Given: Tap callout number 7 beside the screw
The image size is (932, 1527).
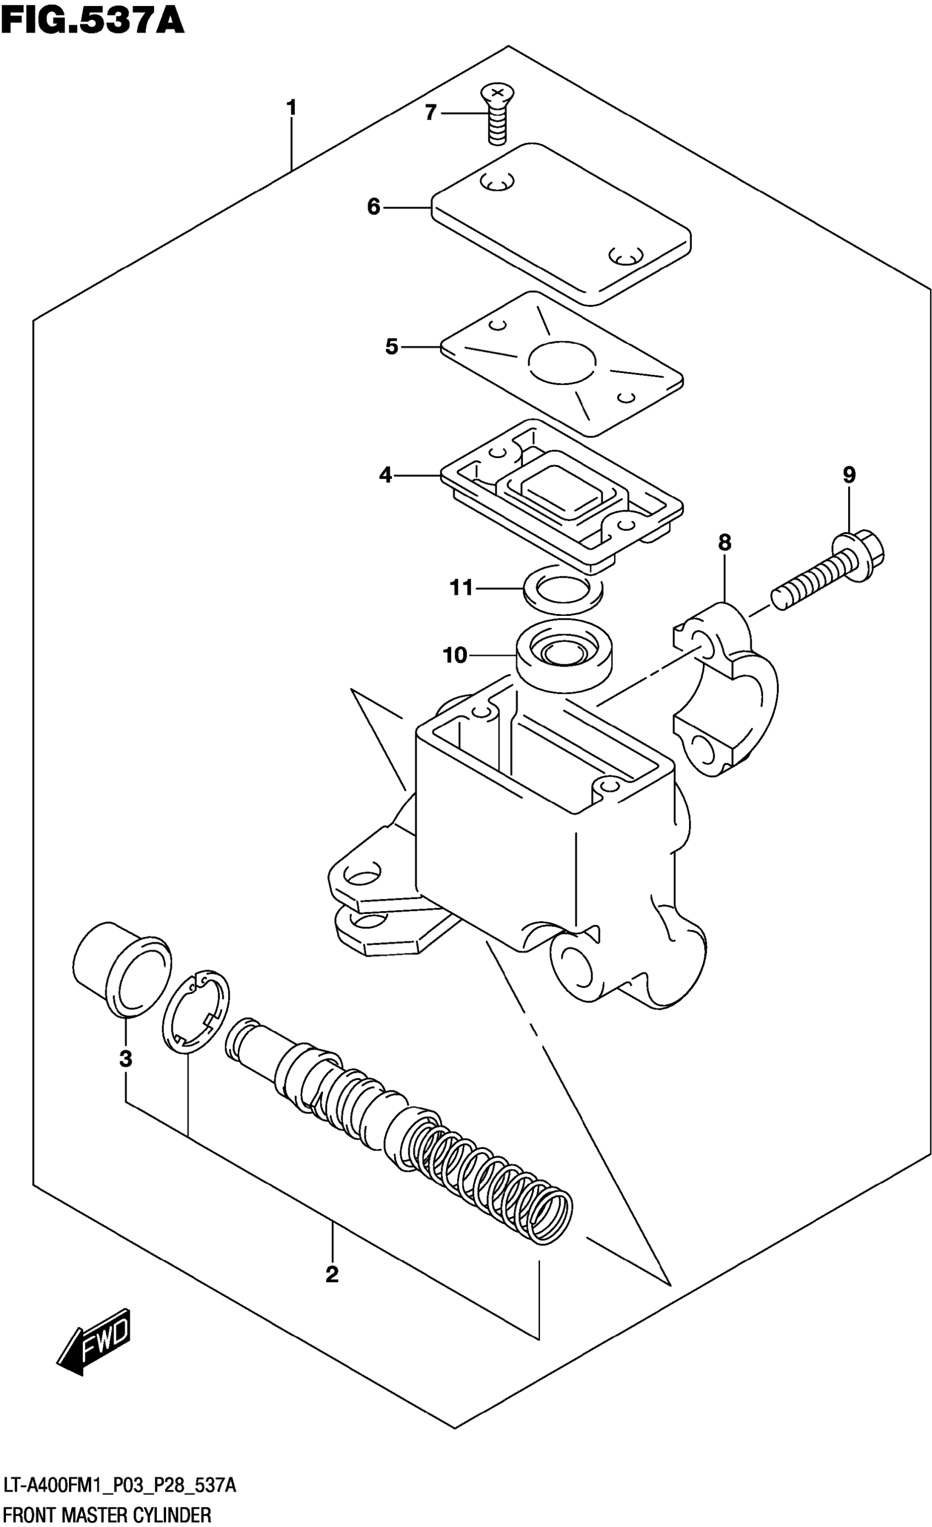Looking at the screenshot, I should tap(430, 113).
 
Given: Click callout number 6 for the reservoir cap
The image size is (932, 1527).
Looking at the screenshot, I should tap(373, 207).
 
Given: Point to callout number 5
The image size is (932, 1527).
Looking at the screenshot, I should tap(391, 346).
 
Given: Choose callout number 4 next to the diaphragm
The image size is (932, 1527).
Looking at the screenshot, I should tap(385, 476).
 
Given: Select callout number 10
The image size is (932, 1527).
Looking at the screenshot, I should tap(454, 655).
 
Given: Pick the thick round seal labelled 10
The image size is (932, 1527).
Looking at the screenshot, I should tap(564, 655).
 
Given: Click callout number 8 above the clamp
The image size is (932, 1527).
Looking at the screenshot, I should tap(724, 543).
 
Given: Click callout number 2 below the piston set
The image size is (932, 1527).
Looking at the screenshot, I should tap(332, 1275).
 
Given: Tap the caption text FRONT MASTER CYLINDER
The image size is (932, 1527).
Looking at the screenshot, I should tap(107, 1516).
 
